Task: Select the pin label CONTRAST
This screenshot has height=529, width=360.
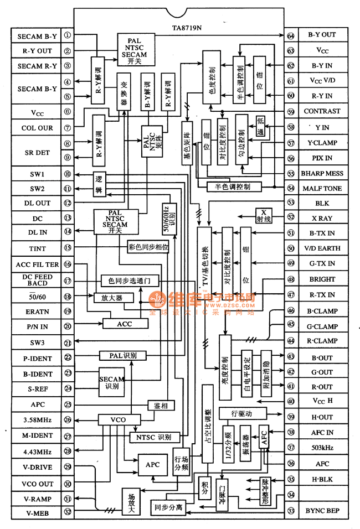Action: click(x=322, y=111)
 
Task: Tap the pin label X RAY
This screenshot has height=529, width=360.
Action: click(x=322, y=219)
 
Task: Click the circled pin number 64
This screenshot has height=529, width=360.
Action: click(x=291, y=35)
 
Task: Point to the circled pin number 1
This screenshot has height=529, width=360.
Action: click(x=68, y=37)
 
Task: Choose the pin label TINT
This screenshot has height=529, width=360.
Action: click(x=37, y=248)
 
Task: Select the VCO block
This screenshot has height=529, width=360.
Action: click(x=118, y=420)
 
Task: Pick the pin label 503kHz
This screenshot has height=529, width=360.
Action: click(x=322, y=448)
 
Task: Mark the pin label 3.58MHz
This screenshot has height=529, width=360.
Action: click(x=37, y=420)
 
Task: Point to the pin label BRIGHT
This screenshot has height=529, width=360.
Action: click(x=322, y=279)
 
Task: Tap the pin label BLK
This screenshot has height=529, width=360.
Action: click(x=322, y=204)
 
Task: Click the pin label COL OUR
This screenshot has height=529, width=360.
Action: click(x=37, y=128)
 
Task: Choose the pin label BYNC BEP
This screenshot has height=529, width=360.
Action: click(x=322, y=510)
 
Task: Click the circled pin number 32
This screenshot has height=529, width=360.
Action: click(x=68, y=512)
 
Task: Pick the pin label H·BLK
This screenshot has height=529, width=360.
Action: click(x=322, y=480)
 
